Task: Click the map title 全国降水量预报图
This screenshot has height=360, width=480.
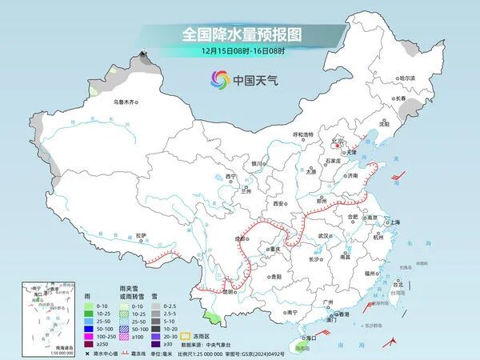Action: pyautogui.click(x=240, y=34)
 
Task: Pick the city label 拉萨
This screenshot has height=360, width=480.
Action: pyautogui.click(x=141, y=235)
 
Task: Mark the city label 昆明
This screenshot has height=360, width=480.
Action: pyautogui.click(x=229, y=292)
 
